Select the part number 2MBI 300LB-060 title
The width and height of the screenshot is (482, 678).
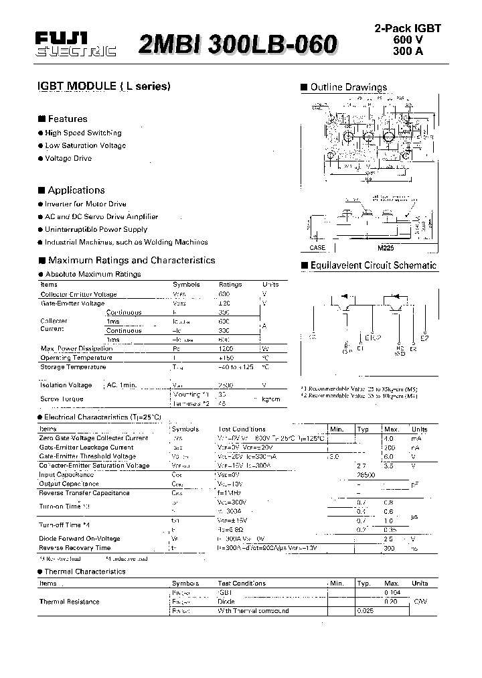[237, 44]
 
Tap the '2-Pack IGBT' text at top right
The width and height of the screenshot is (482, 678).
[407, 29]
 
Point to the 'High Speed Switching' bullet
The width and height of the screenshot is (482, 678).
[83, 133]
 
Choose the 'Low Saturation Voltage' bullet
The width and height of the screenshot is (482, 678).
[85, 145]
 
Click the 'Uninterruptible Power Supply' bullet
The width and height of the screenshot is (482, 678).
[96, 229]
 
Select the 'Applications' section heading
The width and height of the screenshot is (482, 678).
[76, 190]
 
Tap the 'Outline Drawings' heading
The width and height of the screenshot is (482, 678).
[348, 87]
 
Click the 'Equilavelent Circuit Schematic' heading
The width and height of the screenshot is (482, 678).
[373, 265]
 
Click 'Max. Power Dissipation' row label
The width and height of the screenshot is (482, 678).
[76, 348]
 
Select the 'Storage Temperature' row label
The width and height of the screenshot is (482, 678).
[73, 367]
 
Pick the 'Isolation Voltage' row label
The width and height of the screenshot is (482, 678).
[66, 385]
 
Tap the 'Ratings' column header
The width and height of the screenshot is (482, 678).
[230, 284]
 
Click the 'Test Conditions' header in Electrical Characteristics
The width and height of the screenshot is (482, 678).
[241, 429]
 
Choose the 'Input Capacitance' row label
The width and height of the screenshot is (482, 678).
[66, 474]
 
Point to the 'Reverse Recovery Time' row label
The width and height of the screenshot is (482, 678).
[75, 548]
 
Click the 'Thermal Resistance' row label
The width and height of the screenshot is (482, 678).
[70, 602]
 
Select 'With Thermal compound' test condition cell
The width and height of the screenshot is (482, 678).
[253, 611]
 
